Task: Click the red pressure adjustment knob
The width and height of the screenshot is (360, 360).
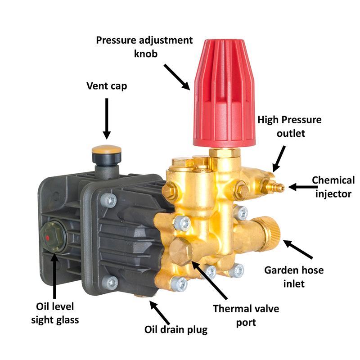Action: point(224,93)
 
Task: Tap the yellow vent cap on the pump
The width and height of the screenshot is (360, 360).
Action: point(107,150)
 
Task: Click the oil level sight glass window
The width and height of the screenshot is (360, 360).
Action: point(53,237)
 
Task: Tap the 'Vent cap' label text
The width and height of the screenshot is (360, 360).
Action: point(107,86)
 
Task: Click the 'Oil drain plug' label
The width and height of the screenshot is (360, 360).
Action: point(176,330)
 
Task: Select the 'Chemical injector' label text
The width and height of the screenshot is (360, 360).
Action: point(333,187)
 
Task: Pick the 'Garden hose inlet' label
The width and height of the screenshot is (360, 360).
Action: point(294,277)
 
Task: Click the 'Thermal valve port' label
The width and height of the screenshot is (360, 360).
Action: point(246,315)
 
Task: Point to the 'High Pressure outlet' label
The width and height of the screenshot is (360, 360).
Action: point(289,126)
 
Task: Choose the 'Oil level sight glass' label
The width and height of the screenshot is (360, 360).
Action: point(55,313)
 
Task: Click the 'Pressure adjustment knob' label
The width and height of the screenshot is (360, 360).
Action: point(144,47)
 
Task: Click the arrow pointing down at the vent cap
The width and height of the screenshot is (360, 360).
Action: point(107,119)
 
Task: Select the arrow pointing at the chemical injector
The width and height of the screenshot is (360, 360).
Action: point(303,187)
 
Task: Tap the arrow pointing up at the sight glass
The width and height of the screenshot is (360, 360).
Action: point(54,276)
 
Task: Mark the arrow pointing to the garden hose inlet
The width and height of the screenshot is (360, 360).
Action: point(298,249)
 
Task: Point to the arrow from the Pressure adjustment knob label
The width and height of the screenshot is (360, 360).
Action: point(177,77)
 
